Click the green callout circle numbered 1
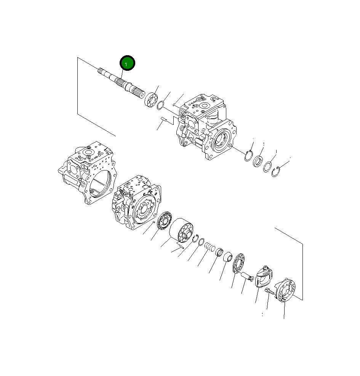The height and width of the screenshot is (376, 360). (127, 63)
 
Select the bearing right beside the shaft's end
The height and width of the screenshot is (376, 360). (151, 99)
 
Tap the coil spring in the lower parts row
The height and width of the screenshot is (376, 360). (210, 247)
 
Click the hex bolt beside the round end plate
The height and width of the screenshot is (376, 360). (269, 292)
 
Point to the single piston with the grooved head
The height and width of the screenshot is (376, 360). (247, 277)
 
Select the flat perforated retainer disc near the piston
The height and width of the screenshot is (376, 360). (238, 263)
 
